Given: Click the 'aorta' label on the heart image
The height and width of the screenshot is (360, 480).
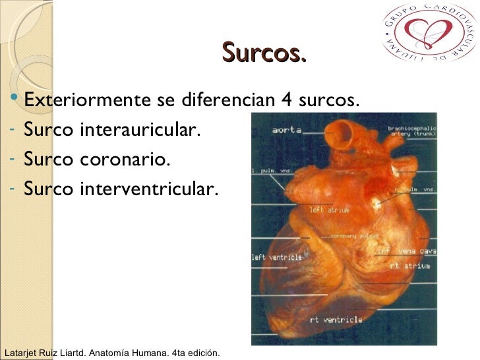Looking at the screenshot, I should point(287,131).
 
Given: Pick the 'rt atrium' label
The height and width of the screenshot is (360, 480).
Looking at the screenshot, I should point(409,266).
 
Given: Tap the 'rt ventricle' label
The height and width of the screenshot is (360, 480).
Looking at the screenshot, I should point(336,320).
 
